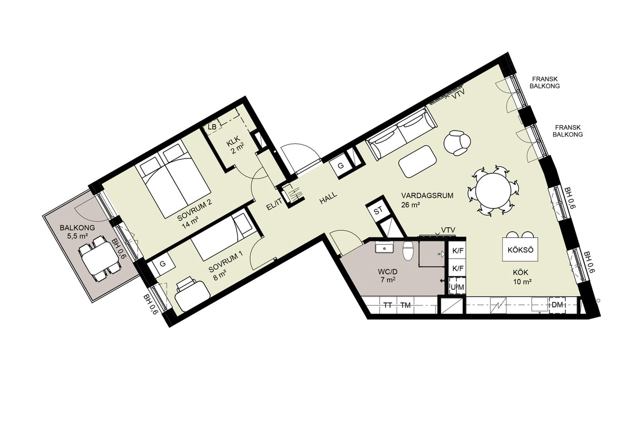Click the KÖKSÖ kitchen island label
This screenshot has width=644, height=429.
click(520, 250)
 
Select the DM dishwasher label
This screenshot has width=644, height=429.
click(557, 305)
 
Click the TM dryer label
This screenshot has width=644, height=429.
click(405, 305)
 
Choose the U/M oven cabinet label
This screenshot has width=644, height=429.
click(457, 287)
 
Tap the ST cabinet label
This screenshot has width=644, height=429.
click(378, 211)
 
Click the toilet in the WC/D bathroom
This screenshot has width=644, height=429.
click(408, 250)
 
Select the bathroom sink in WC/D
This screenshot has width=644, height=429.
click(384, 248)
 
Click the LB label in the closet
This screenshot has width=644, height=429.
click(212, 127)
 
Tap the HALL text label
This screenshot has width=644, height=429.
click(328, 198)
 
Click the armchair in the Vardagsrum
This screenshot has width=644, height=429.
click(457, 143)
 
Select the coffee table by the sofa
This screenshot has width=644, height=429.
click(418, 162)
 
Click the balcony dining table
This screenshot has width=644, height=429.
click(100, 258)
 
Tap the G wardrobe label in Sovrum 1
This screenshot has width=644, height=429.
click(163, 264)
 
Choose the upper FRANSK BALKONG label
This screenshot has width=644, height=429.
click(545, 82)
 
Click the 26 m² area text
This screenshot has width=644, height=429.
click(411, 205)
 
